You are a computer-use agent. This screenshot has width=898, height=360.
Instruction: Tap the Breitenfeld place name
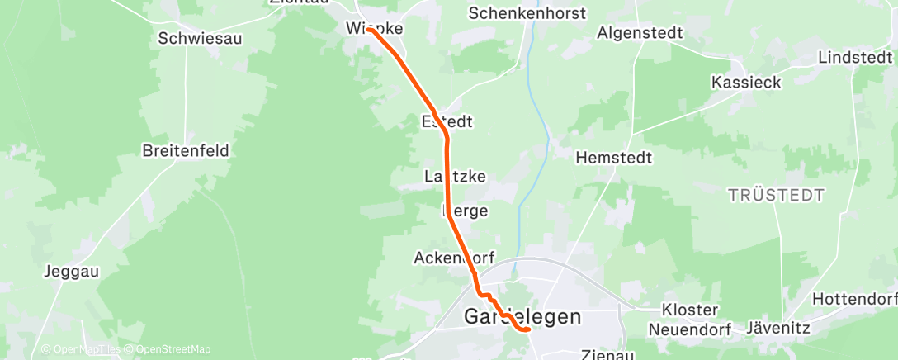tap(186, 151)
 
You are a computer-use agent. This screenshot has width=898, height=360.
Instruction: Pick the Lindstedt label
tap(855, 57)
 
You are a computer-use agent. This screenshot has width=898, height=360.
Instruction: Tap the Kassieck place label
tap(745, 83)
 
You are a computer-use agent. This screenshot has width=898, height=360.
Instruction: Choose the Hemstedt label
tap(614, 157)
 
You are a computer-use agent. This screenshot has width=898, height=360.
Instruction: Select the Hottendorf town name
tap(855, 298)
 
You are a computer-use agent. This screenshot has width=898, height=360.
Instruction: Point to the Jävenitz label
tap(777, 328)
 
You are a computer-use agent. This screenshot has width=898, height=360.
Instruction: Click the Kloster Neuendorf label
tap(690, 319)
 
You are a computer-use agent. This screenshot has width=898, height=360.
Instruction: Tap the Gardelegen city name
tap(522, 316)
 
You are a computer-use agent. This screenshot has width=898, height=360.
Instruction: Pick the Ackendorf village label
tap(453, 258)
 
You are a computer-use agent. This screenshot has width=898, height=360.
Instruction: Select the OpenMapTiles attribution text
tap(81, 349)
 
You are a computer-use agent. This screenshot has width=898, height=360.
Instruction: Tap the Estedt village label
tap(447, 121)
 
